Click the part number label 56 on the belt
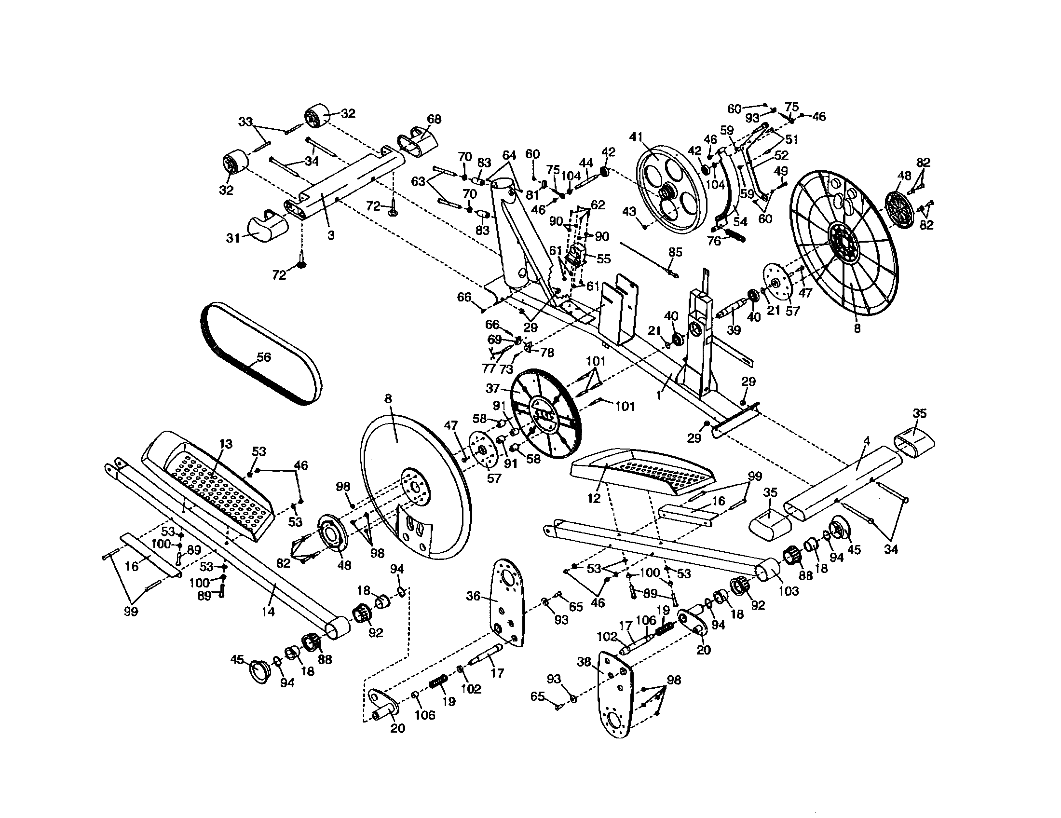(263, 357)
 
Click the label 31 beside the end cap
(233, 238)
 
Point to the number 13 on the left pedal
(226, 444)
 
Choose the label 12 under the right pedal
(593, 498)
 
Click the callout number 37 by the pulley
(492, 389)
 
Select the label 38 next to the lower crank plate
(585, 661)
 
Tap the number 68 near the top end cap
(434, 119)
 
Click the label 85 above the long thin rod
(675, 252)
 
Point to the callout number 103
(788, 591)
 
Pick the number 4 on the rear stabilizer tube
(867, 440)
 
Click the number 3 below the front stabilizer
(331, 235)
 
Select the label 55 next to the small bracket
(603, 259)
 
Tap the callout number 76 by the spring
(714, 241)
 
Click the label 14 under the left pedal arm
(268, 612)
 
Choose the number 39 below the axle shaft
(733, 330)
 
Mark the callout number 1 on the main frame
(659, 396)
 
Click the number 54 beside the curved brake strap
(740, 221)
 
